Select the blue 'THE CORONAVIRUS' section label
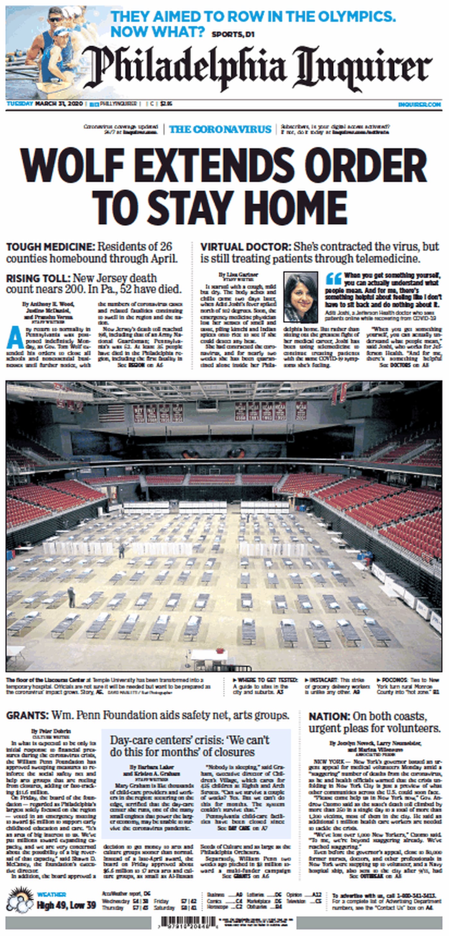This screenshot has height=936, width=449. (220, 129)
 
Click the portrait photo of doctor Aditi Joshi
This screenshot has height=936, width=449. (301, 297)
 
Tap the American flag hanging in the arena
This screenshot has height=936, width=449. (112, 412)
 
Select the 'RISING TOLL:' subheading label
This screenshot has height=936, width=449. (38, 279)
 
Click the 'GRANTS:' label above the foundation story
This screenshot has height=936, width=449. (27, 716)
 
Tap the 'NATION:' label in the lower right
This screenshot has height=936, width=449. (329, 717)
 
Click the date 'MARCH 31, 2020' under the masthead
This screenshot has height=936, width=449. (59, 104)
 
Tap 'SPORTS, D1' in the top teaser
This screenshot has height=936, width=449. (233, 35)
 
